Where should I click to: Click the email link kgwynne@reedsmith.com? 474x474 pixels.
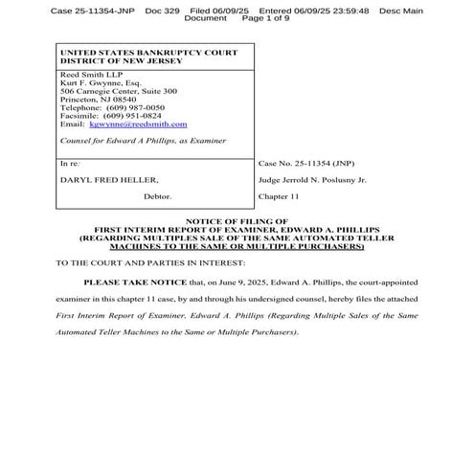point(152,124)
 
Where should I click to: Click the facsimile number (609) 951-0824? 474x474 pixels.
point(124,115)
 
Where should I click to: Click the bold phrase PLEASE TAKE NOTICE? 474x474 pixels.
point(137,283)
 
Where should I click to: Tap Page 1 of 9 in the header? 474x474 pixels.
point(265,18)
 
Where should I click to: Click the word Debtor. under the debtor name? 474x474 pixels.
point(158,195)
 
